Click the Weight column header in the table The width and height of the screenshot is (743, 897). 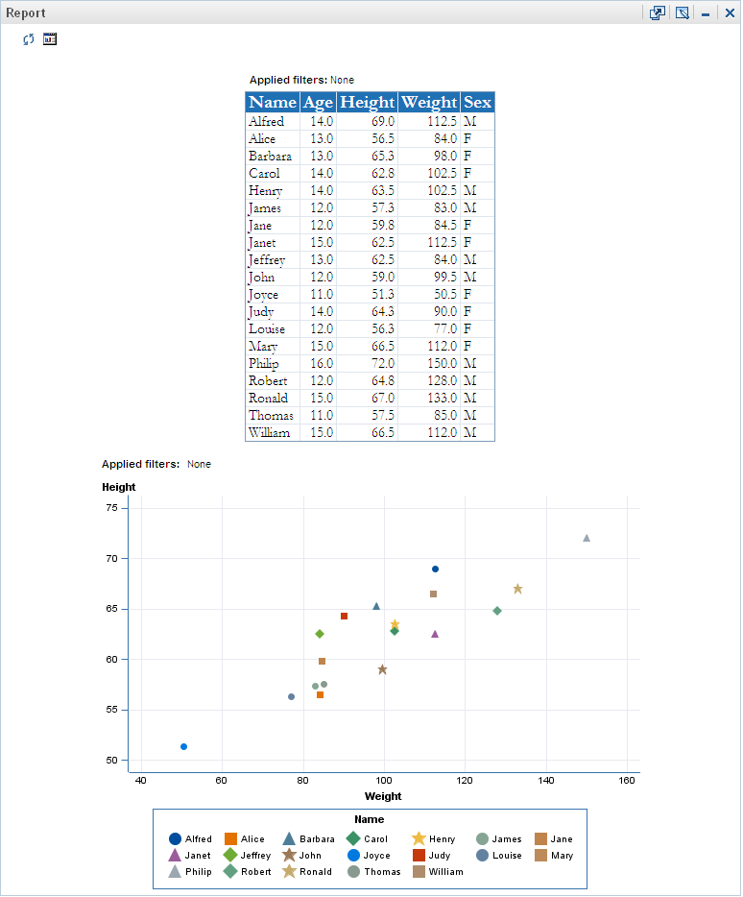(429, 103)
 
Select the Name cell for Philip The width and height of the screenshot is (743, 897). (263, 364)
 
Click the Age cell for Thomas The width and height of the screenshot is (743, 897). (321, 416)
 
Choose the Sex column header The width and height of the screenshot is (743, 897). (477, 103)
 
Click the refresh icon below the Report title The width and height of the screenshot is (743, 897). (29, 39)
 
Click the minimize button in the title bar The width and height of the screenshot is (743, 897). (706, 14)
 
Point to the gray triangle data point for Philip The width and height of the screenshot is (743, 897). (587, 538)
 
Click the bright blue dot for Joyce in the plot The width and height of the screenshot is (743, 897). (183, 746)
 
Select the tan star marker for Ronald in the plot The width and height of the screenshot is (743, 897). (517, 589)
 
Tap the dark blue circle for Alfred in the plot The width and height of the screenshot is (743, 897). (435, 569)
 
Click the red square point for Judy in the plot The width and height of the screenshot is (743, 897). (344, 616)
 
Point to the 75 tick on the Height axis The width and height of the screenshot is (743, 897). (110, 508)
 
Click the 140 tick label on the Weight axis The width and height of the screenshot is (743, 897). (547, 779)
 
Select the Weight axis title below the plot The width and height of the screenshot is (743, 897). (384, 796)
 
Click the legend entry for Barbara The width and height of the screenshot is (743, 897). (309, 839)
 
